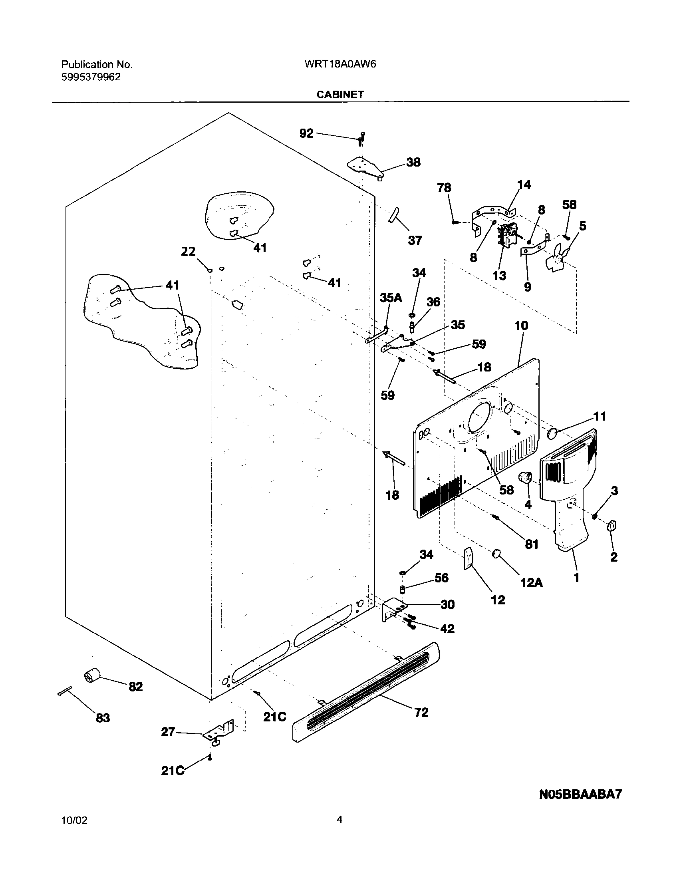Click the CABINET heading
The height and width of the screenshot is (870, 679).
click(x=340, y=95)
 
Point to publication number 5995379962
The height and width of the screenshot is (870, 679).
click(x=91, y=77)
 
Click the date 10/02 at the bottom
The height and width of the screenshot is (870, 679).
click(x=74, y=820)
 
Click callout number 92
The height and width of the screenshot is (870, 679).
click(x=307, y=134)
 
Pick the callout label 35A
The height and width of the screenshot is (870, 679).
click(x=391, y=298)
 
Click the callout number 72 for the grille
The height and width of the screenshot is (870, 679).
click(x=421, y=712)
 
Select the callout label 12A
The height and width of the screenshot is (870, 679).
click(x=531, y=583)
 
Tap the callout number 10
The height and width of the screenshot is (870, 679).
click(x=521, y=326)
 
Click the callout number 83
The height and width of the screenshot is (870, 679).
click(x=103, y=718)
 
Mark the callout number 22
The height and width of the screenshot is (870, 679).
click(x=188, y=252)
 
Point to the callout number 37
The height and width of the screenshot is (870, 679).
click(x=415, y=240)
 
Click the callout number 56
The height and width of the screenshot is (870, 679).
click(x=441, y=578)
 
